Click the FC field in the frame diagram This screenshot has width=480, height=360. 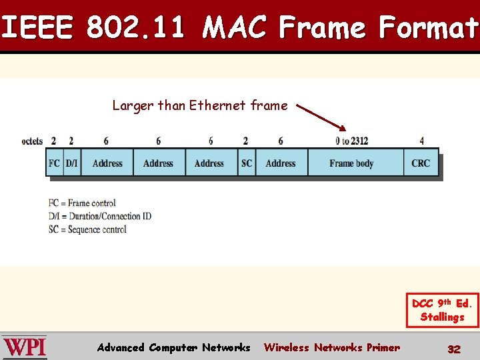[x=55, y=163]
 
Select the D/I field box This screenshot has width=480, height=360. [x=72, y=163]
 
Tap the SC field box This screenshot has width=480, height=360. [x=247, y=163]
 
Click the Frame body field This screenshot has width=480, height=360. [x=351, y=163]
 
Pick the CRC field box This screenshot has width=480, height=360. [x=421, y=163]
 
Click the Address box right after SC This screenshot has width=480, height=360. [x=281, y=163]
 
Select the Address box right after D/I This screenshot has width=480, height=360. [x=107, y=163]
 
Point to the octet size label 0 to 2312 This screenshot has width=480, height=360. [x=351, y=141]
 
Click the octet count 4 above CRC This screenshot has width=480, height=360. [x=421, y=141]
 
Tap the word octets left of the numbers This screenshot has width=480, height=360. [x=32, y=141]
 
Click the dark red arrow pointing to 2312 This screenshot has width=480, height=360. [x=321, y=117]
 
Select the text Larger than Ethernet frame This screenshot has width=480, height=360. [x=200, y=105]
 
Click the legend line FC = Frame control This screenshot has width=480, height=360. [x=82, y=203]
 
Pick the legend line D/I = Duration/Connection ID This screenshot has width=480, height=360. [x=100, y=216]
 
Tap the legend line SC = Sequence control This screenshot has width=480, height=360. [x=87, y=229]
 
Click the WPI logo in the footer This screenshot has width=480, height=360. [x=25, y=347]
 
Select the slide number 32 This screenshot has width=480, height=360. [x=453, y=349]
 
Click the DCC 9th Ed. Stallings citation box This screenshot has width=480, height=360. [x=442, y=310]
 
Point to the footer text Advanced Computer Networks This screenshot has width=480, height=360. [x=173, y=347]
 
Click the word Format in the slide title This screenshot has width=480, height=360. [x=428, y=28]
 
